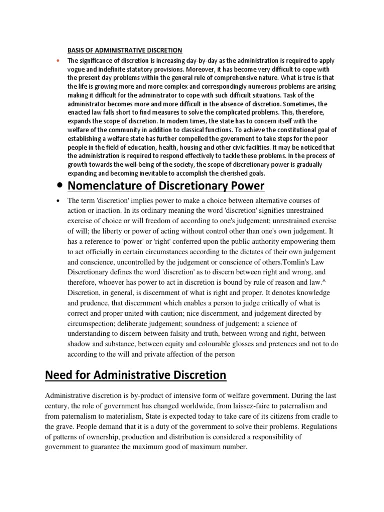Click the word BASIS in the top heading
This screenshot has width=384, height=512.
[76, 50]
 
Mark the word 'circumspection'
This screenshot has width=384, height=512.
[92, 324]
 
